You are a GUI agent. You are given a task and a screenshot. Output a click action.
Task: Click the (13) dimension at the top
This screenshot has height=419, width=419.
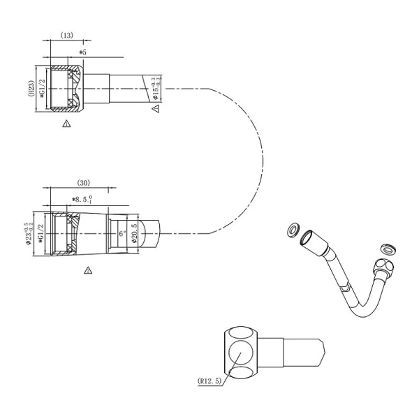pos(67,34)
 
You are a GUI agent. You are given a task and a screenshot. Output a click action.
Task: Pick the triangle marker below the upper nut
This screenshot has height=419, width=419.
pos(66,124)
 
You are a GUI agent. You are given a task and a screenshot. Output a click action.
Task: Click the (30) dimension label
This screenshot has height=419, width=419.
pos(82,184)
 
